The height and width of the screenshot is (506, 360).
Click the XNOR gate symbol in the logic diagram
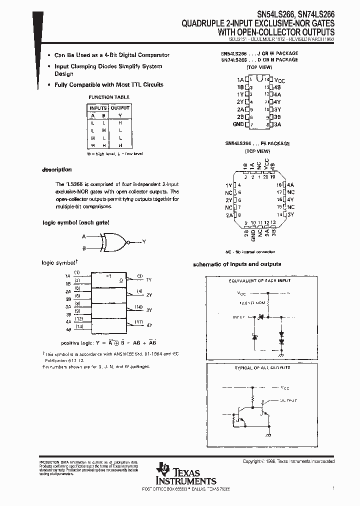(113, 241)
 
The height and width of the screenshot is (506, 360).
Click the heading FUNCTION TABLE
(109, 97)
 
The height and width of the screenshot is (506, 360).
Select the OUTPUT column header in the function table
(120, 107)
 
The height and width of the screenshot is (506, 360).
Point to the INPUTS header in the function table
(98, 107)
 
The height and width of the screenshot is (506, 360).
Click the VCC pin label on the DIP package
(280, 80)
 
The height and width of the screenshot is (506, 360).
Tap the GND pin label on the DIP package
(238, 124)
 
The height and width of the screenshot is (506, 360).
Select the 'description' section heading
(56, 170)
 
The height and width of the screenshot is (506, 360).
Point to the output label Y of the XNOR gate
(144, 241)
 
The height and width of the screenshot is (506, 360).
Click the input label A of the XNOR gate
(83, 235)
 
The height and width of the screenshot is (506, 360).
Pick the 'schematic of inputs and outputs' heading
(237, 264)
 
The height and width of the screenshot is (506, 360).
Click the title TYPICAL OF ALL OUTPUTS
(262, 367)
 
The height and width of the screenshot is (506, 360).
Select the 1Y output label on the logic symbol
(149, 279)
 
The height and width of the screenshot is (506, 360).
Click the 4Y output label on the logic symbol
(149, 325)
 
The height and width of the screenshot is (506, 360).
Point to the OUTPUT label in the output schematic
(288, 400)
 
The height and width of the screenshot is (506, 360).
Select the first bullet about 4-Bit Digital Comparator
(112, 55)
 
